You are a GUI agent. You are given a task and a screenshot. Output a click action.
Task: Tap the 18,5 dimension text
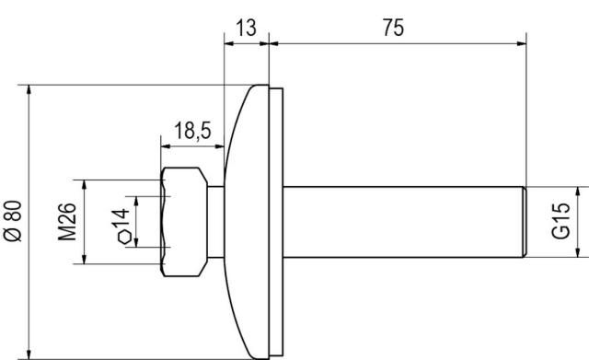coord(192,131)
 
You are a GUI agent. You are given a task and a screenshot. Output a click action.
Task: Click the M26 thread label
coord(67,222)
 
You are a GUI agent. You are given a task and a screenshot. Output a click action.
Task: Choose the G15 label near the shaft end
coord(561,222)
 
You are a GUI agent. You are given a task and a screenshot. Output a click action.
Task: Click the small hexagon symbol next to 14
coord(123,238)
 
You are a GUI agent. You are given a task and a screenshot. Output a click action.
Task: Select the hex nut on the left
coord(183,222)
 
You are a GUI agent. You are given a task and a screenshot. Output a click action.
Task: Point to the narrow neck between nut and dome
coord(215,222)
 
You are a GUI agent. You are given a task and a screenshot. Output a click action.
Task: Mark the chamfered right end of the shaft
coord(523,222)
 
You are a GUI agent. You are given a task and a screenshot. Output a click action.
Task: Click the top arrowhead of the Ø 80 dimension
coord(31,91)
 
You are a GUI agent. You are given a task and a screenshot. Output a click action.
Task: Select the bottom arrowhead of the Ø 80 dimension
coord(31,354)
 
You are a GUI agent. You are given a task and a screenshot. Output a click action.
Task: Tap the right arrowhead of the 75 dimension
coord(520,41)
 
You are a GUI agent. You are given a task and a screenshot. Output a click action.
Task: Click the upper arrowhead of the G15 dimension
coord(577,190)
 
